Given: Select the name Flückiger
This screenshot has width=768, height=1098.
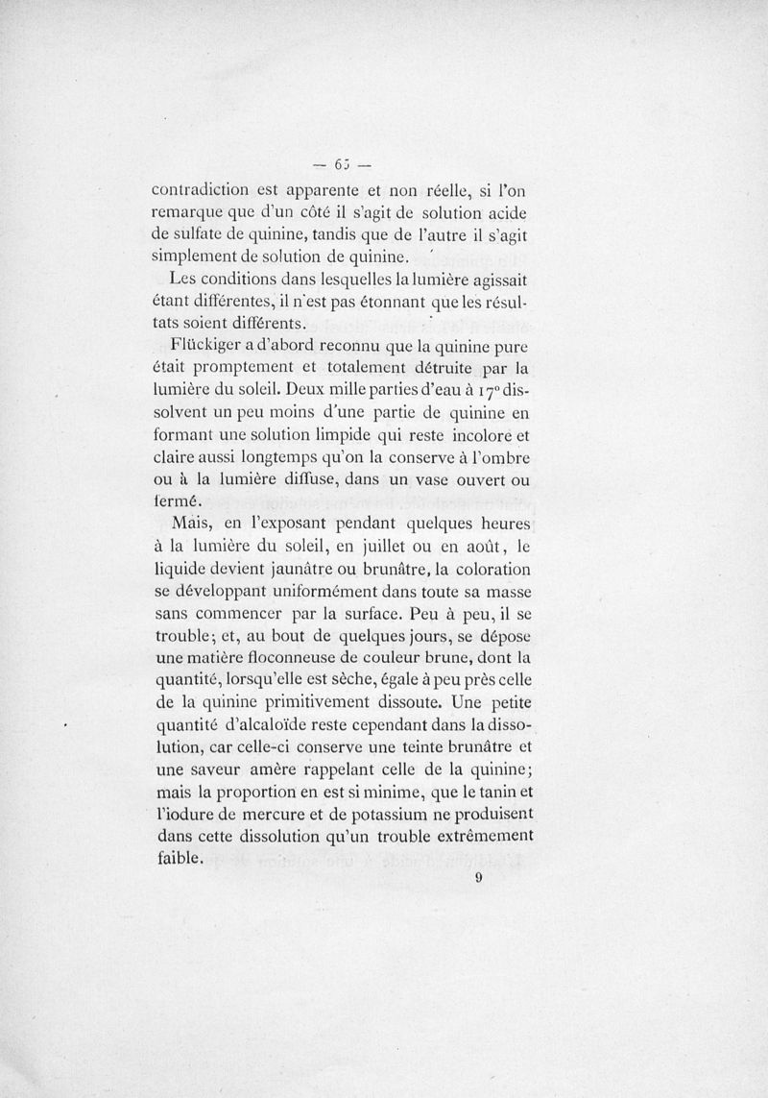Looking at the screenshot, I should tap(209, 343).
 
